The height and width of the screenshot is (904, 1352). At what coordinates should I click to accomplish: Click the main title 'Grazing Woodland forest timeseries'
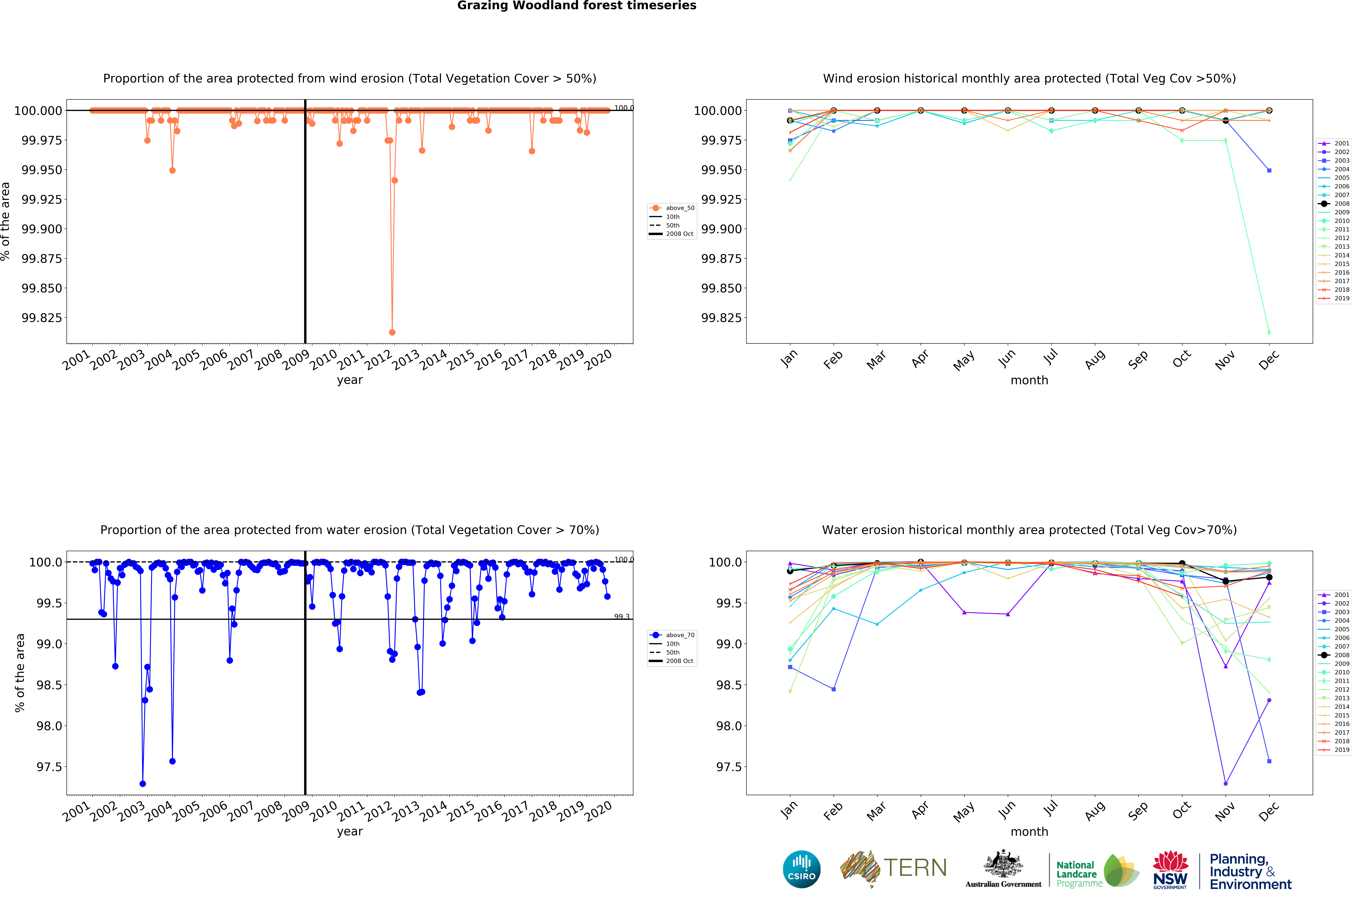pyautogui.click(x=577, y=6)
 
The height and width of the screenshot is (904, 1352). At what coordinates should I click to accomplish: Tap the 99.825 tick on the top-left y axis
pyautogui.click(x=41, y=318)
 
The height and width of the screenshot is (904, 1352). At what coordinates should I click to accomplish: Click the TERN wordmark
pyautogui.click(x=915, y=868)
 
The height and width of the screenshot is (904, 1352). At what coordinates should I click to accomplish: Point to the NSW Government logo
pyautogui.click(x=1170, y=869)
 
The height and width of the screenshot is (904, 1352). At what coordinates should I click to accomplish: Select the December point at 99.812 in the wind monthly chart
pyautogui.click(x=1269, y=332)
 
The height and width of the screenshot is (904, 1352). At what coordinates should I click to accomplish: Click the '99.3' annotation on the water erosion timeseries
pyautogui.click(x=622, y=616)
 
